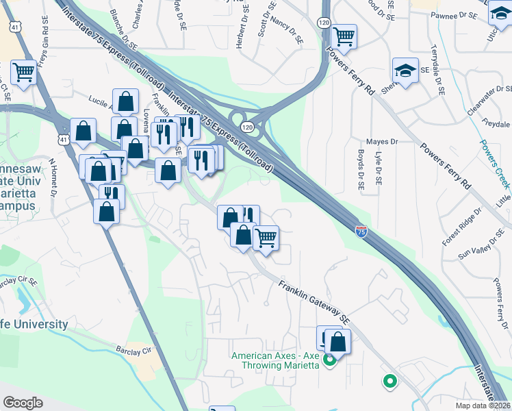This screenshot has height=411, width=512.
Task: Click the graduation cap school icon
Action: click(405, 71)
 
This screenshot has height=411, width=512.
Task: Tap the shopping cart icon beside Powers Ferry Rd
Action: click(344, 36)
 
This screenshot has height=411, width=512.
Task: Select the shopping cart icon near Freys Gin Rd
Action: click(23, 71)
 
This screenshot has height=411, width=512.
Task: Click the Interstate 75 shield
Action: click(361, 231)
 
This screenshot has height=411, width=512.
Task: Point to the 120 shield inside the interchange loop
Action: click(247, 127)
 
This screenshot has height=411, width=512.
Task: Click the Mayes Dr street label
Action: click(382, 142)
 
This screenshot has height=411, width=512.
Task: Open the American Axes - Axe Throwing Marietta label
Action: click(275, 360)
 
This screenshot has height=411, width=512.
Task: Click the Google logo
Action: click(23, 403)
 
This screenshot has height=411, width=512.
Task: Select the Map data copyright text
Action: click(483, 406)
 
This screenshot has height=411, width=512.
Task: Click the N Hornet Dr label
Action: click(52, 177)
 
